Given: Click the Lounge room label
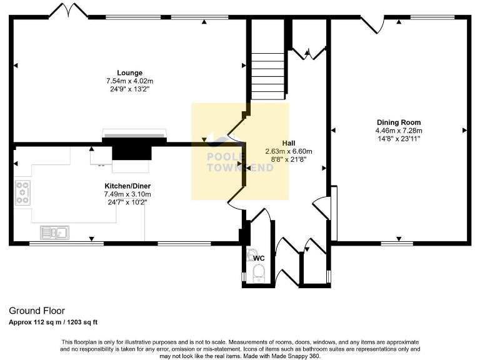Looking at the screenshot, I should tap(129, 72).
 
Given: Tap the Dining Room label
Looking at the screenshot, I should tap(398, 122).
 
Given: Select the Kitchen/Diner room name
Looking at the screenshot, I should tap(127, 186).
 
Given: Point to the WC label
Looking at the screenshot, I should tap(259, 258).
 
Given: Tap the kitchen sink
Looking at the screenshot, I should tap(54, 232).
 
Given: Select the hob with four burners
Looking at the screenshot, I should tap(22, 192).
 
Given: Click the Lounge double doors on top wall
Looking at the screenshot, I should tap(66, 11).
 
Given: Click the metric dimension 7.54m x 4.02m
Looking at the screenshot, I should tap(129, 81).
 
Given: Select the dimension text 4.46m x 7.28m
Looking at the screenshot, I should tap(398, 131).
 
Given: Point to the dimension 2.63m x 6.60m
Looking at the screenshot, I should tap(288, 151).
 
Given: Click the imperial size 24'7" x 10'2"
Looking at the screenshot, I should tap(127, 202).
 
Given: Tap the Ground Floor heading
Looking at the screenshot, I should tap(36, 311).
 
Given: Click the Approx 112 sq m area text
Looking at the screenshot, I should tap(52, 322).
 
